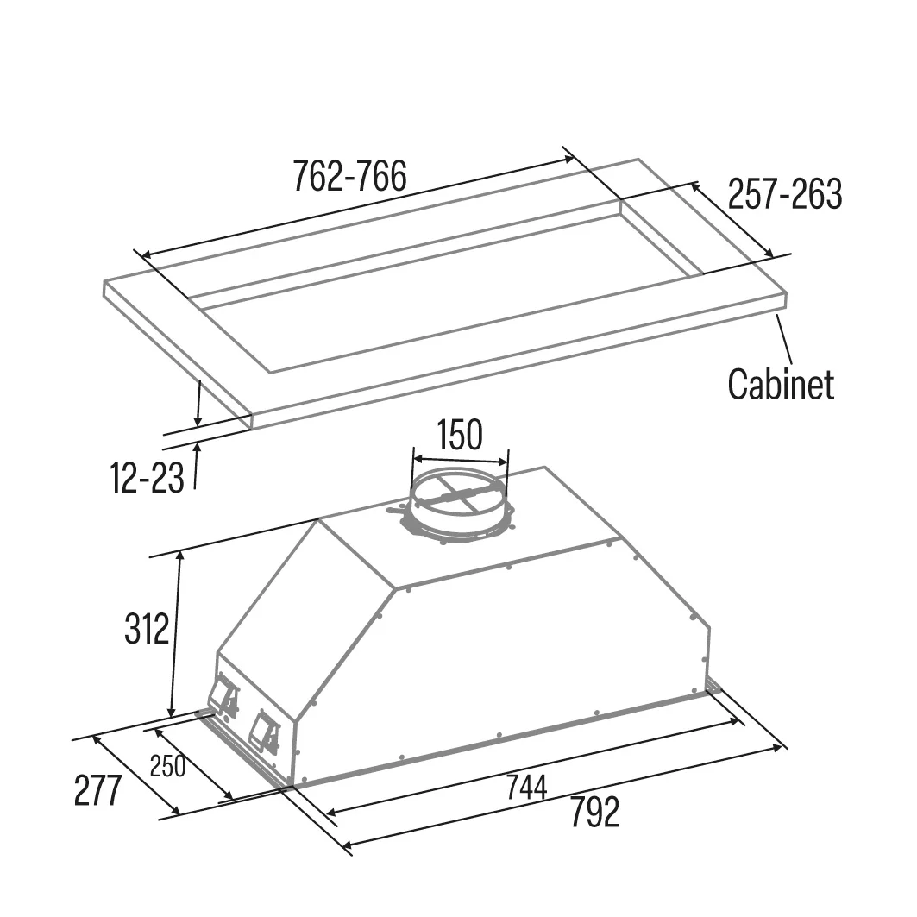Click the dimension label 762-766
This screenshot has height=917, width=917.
349,176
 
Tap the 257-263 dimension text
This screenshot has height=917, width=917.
785,193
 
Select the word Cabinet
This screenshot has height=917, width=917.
781,384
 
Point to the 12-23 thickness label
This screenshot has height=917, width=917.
147,477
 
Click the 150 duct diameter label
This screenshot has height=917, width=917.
460,434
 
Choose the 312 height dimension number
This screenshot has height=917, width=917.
146,629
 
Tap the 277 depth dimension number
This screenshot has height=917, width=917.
97,791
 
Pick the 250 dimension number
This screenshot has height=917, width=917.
168,766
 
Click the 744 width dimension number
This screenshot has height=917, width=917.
526,787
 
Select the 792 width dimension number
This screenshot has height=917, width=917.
594,813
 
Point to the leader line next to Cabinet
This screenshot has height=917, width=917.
784,340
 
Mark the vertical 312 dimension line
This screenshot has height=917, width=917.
175,634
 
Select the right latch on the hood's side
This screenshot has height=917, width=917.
264,731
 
